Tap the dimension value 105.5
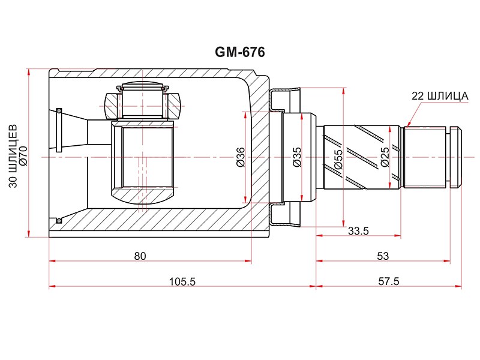(182, 281)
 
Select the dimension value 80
(140, 256)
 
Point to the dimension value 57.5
(389, 281)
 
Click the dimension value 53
(383, 256)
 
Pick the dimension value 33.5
(358, 230)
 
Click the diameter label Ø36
(241, 157)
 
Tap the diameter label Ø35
(297, 157)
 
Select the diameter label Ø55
(338, 159)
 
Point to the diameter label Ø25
(385, 157)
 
